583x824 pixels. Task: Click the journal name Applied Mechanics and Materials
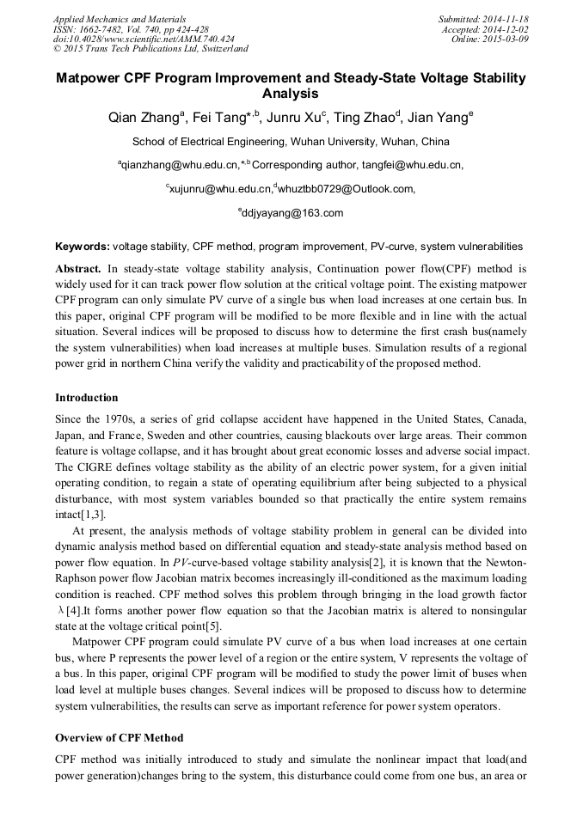[120, 18]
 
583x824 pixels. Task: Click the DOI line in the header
[143, 39]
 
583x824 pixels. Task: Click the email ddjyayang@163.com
[292, 213]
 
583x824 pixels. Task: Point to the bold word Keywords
[82, 246]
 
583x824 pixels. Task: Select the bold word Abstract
[78, 268]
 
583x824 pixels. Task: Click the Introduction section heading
[86, 398]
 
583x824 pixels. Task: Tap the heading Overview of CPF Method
[119, 738]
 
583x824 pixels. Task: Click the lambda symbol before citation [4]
[58, 610]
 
